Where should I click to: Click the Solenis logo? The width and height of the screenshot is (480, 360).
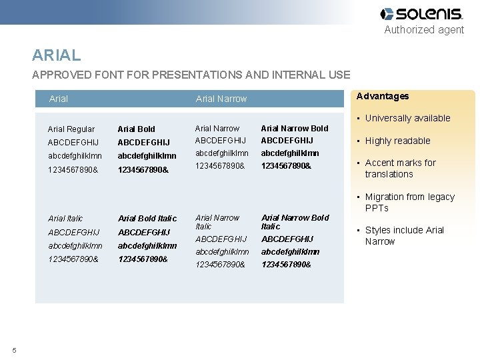(421, 14)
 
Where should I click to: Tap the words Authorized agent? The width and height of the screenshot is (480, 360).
(424, 29)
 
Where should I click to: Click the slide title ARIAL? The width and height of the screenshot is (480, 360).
(57, 55)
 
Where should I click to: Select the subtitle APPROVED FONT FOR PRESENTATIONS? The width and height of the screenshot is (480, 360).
(191, 75)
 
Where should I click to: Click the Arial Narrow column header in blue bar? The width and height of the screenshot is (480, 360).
(221, 99)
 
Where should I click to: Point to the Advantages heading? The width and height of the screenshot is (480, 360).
(383, 96)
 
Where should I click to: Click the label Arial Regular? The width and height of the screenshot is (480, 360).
(71, 129)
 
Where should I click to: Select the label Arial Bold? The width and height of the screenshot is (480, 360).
(136, 129)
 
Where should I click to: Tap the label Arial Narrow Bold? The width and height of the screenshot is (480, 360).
(294, 128)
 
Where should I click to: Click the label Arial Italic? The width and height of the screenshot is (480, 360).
(65, 218)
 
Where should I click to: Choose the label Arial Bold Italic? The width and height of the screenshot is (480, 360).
(147, 218)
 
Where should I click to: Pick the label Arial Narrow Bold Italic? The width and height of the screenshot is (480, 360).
(295, 222)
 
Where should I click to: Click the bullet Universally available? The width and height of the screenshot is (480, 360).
(407, 118)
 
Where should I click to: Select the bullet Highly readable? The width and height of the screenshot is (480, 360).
(397, 141)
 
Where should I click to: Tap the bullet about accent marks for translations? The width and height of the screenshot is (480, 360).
(400, 168)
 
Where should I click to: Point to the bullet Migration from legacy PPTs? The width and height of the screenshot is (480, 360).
(409, 202)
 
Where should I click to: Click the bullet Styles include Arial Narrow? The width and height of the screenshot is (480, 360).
(404, 235)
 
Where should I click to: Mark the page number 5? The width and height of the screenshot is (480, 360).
(14, 351)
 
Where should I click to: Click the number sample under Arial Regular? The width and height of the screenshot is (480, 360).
(73, 169)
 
